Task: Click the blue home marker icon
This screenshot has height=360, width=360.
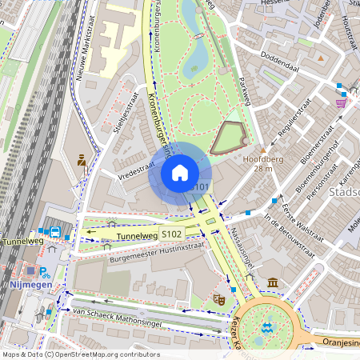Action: coord(180,173)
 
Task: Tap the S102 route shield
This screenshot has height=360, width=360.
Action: coord(171,234)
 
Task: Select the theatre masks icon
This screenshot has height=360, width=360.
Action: coord(217,299)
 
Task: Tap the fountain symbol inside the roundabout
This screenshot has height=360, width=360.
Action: coord(267,327)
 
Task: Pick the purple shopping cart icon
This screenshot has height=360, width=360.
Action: coord(342,102)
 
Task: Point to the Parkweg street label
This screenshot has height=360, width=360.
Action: coord(245,97)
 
